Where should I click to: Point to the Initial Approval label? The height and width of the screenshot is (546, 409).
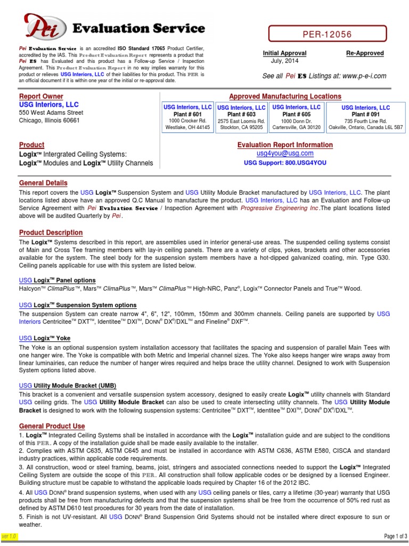(x=284, y=53)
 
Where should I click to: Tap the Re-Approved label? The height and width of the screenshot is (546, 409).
(x=365, y=53)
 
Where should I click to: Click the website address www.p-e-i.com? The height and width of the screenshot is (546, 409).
(x=364, y=76)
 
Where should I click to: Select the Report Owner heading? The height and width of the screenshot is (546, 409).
(x=41, y=96)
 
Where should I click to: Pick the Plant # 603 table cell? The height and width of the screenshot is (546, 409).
(x=241, y=117)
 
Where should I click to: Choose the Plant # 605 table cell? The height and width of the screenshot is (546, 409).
(x=296, y=117)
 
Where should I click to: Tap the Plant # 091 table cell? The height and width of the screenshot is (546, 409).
(x=365, y=117)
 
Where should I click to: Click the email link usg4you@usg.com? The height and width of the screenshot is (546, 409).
(x=285, y=154)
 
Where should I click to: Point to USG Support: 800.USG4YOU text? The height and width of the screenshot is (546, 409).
(x=285, y=163)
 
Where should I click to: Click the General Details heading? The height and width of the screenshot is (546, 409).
(x=43, y=183)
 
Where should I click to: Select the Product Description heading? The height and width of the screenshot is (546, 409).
(x=51, y=232)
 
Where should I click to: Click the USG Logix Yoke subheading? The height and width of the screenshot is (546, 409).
(x=44, y=338)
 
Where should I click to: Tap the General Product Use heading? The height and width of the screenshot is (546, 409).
(x=52, y=426)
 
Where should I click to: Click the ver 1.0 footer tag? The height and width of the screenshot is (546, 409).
(x=10, y=535)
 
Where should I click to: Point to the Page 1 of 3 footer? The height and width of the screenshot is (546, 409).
(x=395, y=535)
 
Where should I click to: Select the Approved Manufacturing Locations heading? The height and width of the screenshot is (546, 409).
(x=285, y=96)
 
